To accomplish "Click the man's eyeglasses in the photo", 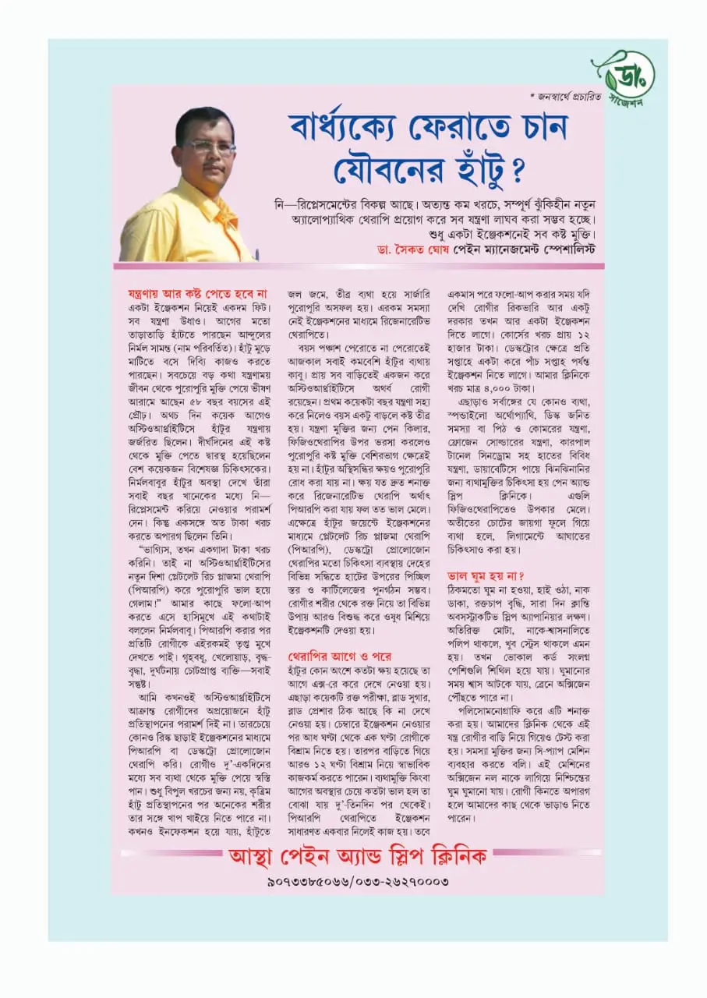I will [x=209, y=146].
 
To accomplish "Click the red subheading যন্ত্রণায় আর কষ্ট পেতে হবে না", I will [x=197, y=294].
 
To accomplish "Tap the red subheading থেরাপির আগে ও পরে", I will [x=340, y=656].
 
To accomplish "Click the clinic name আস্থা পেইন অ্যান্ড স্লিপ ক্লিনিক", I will [x=358, y=856].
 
